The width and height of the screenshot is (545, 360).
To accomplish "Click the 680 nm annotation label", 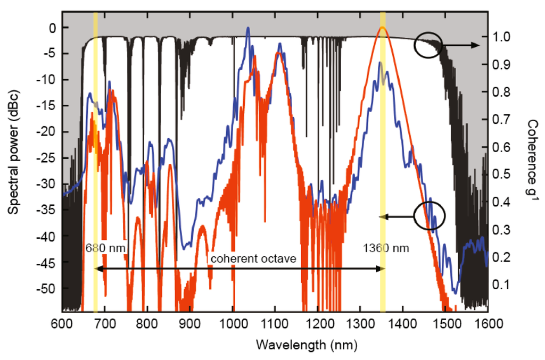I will [100, 248].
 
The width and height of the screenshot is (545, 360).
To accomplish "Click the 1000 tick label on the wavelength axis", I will [233, 323].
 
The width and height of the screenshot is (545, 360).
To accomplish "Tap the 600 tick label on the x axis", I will [62, 323].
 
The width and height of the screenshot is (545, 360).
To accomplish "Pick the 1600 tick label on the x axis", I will [489, 323].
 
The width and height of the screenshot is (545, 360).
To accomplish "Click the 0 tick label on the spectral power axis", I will [52, 28].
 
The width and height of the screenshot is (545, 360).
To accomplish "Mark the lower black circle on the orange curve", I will [429, 216].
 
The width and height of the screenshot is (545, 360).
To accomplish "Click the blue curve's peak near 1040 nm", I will [247, 29].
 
